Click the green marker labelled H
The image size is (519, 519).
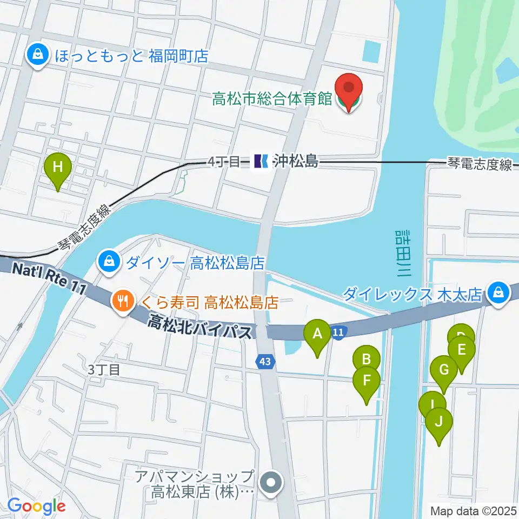59,168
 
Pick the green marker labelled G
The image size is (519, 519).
444,371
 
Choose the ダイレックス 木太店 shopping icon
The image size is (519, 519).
496,294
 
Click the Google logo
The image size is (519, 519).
36,506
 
